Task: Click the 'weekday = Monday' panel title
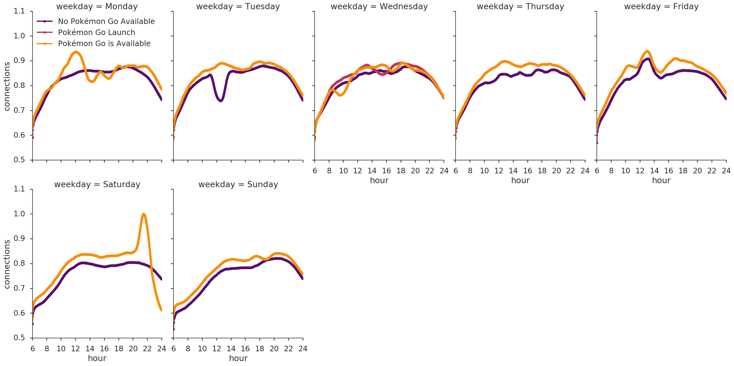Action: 97,6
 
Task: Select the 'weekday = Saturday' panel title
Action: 97,184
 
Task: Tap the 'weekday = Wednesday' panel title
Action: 379,6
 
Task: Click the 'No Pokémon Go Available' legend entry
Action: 106,22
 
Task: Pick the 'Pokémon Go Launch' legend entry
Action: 96,33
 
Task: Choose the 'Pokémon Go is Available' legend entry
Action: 104,44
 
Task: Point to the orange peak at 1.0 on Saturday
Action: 143,214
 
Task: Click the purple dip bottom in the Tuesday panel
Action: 220,100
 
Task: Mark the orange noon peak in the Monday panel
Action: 76,52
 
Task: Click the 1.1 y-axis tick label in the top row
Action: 19,11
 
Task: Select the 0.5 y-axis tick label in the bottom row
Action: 19,338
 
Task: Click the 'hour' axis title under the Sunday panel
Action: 238,358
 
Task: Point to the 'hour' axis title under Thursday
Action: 520,180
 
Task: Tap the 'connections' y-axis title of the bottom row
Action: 7,264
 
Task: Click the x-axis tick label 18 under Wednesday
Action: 401,171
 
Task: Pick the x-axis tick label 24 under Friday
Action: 726,171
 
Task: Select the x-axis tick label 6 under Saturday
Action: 33,349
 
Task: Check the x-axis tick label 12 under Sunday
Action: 217,349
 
